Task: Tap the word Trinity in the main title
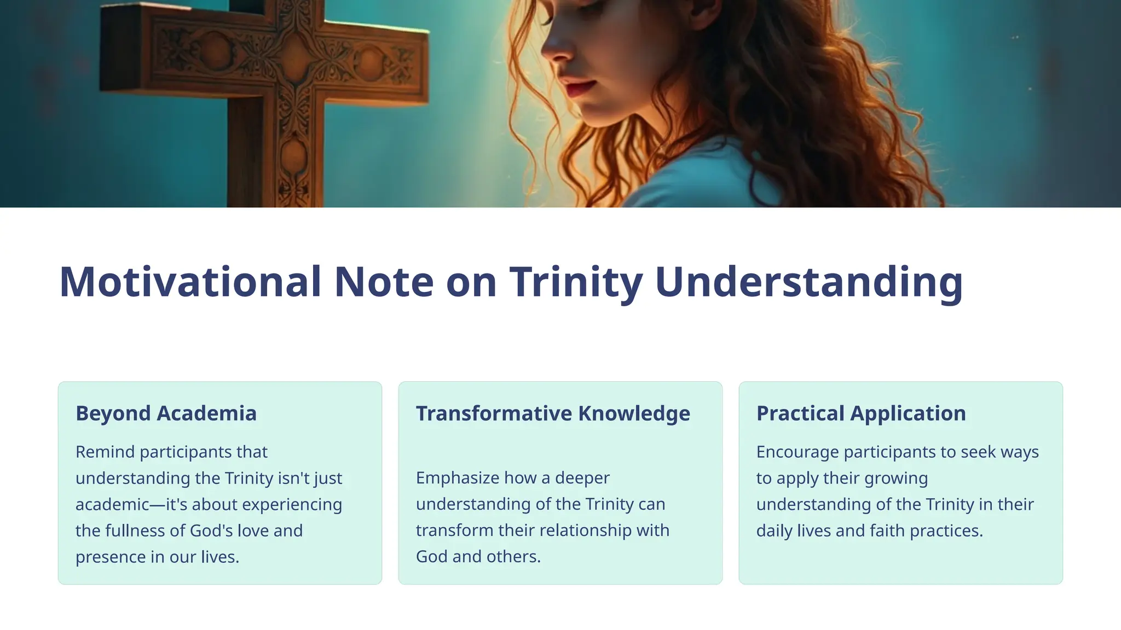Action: pos(576,282)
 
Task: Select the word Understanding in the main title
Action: pos(808,282)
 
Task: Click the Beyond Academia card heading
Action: pos(166,413)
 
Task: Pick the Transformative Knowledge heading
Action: pos(553,413)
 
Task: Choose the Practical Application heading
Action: pos(861,413)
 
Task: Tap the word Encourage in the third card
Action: pos(797,452)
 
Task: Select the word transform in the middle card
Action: pos(447,530)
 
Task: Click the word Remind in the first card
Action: pos(105,452)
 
